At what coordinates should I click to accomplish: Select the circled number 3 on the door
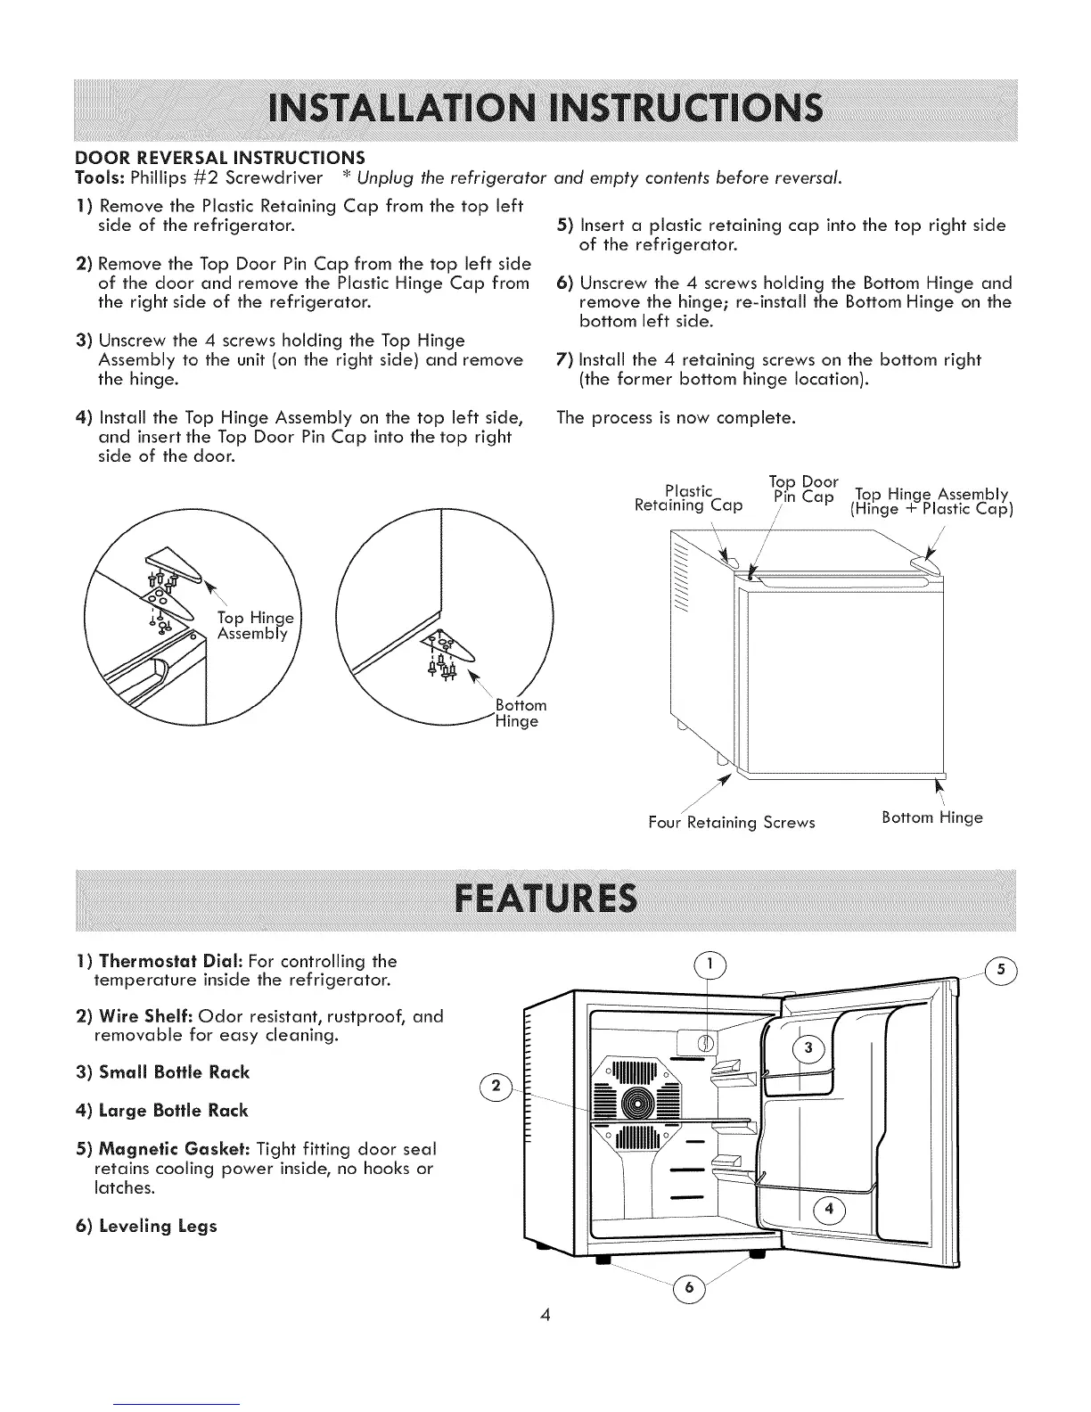808,1049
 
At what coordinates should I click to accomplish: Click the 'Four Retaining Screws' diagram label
731,821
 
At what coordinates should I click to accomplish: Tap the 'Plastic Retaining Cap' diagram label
687,497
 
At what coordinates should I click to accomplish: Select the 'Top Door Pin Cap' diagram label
802,488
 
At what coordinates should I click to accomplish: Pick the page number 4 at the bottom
545,1315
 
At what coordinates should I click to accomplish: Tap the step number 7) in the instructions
563,360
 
